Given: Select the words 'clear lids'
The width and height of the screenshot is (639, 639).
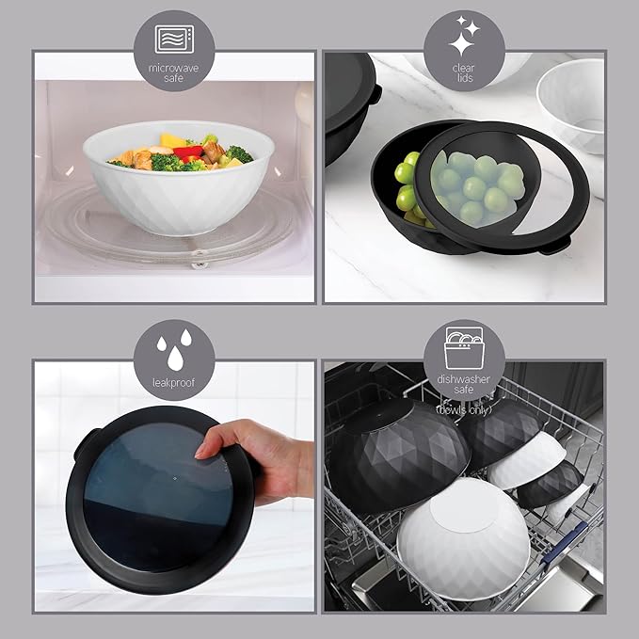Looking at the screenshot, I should pos(463,73).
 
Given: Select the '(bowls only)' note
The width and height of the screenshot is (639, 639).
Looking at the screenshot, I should pos(464,408).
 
